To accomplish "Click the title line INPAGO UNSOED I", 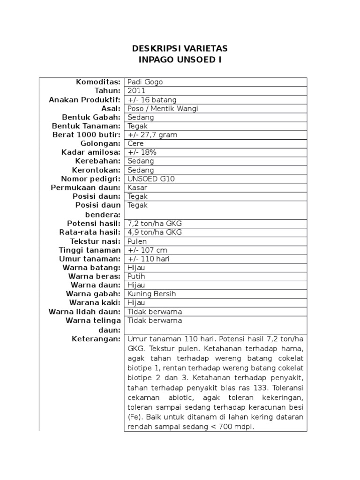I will pos(180,60).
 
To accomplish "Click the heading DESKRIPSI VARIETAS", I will pos(180,49).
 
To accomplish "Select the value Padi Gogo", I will pos(145,82).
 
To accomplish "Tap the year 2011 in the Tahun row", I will pos(136,90).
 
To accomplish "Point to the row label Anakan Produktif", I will pos(85,99).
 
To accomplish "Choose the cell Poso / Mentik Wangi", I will pos(163,108).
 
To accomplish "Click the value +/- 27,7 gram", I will pos(153,135).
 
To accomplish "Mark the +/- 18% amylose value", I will pos(142,152).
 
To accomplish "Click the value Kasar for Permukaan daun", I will pos(137,187).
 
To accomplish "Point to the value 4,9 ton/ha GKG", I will pos(154,232).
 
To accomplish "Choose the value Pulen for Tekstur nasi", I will pos(137,241).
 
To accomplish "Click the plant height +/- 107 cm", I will pos(149,250).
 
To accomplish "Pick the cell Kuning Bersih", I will pos(151,294).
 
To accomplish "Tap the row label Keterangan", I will pos(96,338).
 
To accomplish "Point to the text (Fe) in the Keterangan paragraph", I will pos(134,416).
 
